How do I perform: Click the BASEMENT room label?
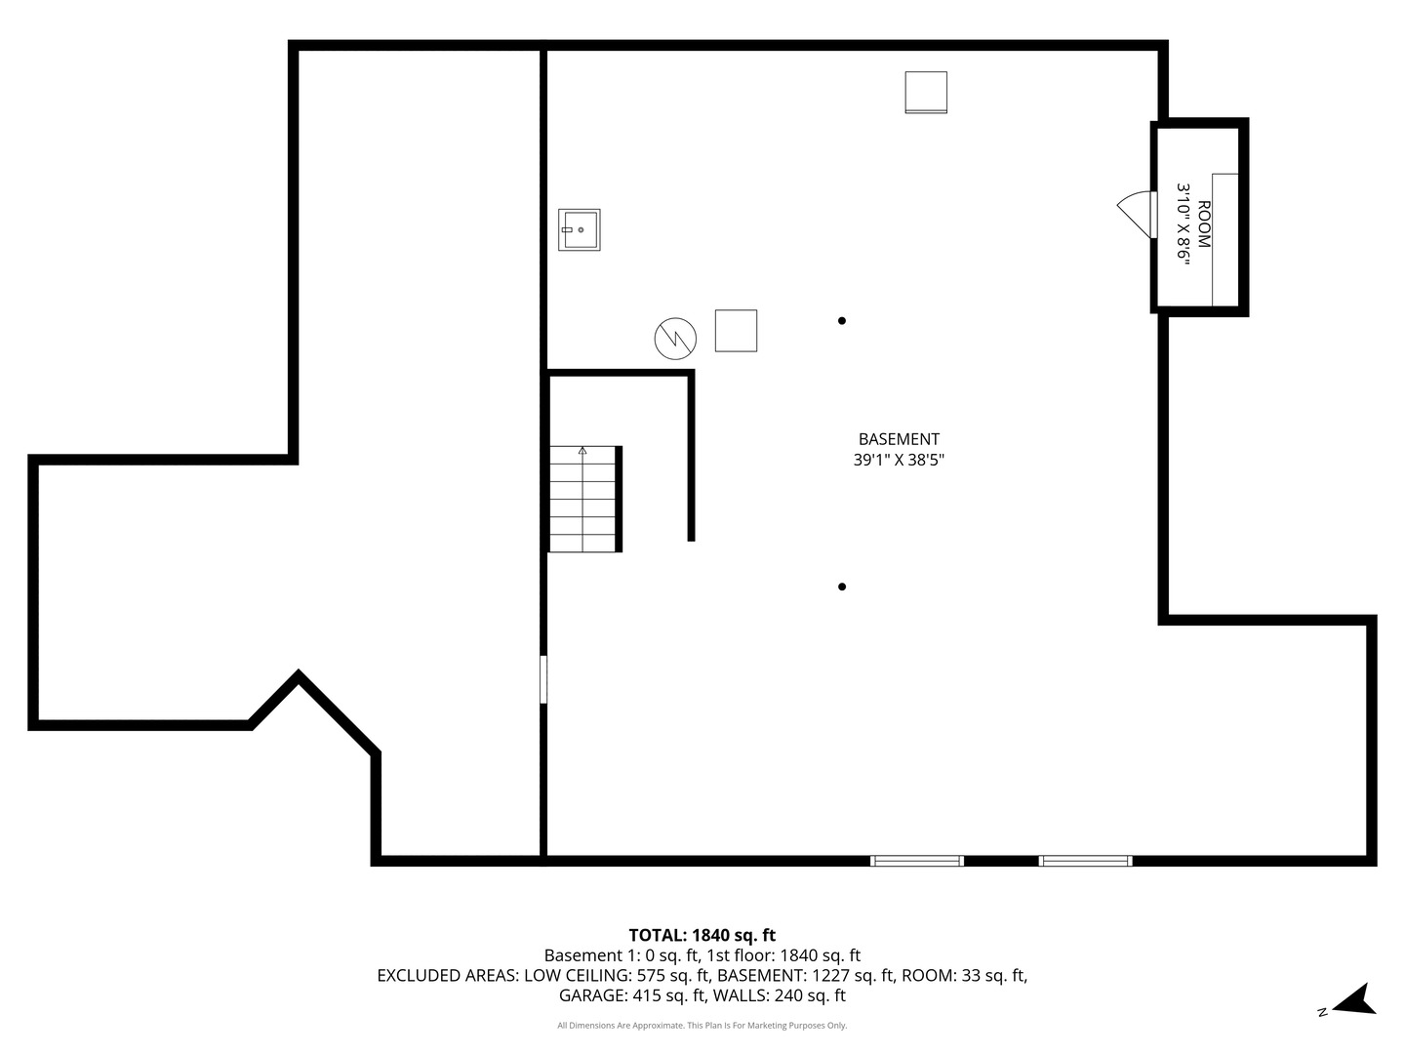pyautogui.click(x=899, y=439)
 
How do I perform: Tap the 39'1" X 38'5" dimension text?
pyautogui.click(x=899, y=460)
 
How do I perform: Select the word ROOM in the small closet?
pyautogui.click(x=1203, y=224)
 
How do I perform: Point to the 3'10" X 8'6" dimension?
pyautogui.click(x=1183, y=223)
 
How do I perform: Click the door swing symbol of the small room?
pyautogui.click(x=1135, y=214)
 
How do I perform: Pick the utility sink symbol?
pyautogui.click(x=579, y=230)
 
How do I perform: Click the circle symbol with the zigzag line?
pyautogui.click(x=675, y=338)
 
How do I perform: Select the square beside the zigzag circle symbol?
pyautogui.click(x=736, y=331)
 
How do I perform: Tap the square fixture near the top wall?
pyautogui.click(x=925, y=93)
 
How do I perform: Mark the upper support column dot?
pyautogui.click(x=842, y=320)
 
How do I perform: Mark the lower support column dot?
pyautogui.click(x=842, y=587)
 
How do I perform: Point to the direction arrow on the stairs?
pyautogui.click(x=582, y=451)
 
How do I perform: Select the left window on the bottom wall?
pyautogui.click(x=917, y=861)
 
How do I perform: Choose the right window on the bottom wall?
pyautogui.click(x=1085, y=861)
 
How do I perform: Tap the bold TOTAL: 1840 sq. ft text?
pyautogui.click(x=702, y=935)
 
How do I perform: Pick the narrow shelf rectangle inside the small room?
pyautogui.click(x=1224, y=239)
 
